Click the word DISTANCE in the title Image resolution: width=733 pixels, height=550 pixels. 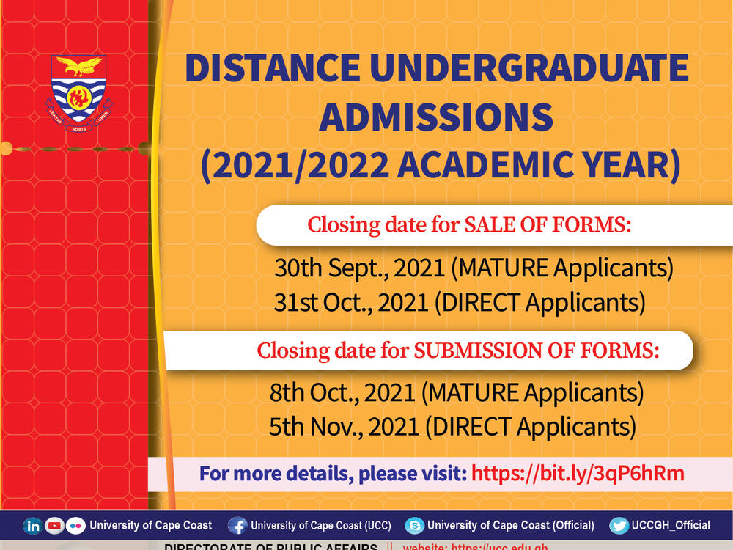[x=270, y=69]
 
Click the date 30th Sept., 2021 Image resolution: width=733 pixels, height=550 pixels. [x=359, y=268]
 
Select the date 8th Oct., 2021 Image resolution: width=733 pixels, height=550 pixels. [x=342, y=393]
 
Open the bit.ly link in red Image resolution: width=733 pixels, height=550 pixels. [x=578, y=473]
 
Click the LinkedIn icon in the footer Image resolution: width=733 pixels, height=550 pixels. [x=33, y=526]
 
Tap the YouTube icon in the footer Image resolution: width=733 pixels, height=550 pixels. [x=54, y=526]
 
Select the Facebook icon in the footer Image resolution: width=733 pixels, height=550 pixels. [x=237, y=526]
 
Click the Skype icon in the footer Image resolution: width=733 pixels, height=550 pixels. [x=415, y=526]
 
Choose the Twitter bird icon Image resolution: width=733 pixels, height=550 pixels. [x=619, y=526]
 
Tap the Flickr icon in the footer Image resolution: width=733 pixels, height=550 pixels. [x=75, y=526]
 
